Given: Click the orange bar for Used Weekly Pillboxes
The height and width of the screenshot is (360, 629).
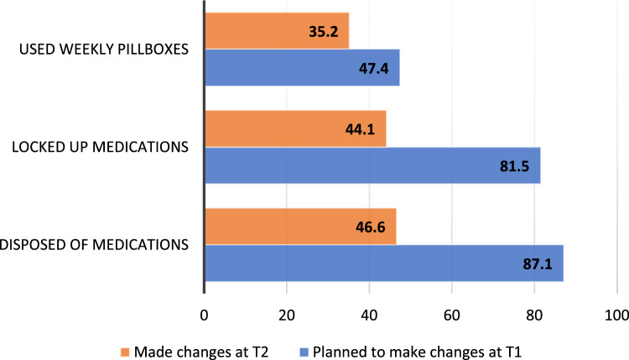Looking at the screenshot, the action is tap(278, 31).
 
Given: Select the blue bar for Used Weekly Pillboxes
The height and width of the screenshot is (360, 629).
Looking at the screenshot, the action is tap(303, 67).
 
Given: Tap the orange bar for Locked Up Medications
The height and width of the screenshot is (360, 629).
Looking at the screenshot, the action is tap(296, 129).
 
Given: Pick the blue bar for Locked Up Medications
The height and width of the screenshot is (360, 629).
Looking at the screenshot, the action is tap(372, 165).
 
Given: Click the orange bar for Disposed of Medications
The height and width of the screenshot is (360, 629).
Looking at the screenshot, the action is tap(301, 227).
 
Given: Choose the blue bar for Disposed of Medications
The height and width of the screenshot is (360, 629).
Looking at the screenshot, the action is tap(384, 263).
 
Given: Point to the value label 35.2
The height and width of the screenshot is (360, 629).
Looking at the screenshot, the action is tap(324, 31).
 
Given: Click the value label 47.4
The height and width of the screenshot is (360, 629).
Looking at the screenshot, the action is tap(374, 69).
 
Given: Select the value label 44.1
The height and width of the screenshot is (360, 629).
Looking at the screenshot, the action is tap(361, 129).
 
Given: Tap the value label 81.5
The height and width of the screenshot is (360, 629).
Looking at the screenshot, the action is tap(515, 166).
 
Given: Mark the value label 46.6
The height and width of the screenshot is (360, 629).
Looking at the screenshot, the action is tap(370, 227).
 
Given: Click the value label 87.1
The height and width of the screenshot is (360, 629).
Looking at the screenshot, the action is tap(538, 264).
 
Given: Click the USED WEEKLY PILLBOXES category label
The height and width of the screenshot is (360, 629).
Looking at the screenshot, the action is tap(104, 50).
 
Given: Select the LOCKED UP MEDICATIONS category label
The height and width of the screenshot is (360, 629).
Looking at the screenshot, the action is tap(101, 148).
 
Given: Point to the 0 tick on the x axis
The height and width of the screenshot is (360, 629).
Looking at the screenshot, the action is tap(204, 316).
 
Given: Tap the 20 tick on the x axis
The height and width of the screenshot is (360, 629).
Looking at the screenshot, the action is tap(287, 316).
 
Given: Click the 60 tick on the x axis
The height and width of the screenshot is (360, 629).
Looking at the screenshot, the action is tap(452, 316).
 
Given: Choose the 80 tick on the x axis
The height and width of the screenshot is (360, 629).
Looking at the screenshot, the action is tap(534, 316).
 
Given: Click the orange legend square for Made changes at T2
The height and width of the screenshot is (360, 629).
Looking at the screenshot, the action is tap(125, 352).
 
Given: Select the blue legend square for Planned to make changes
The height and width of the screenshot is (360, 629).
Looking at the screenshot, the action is tap(304, 352).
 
